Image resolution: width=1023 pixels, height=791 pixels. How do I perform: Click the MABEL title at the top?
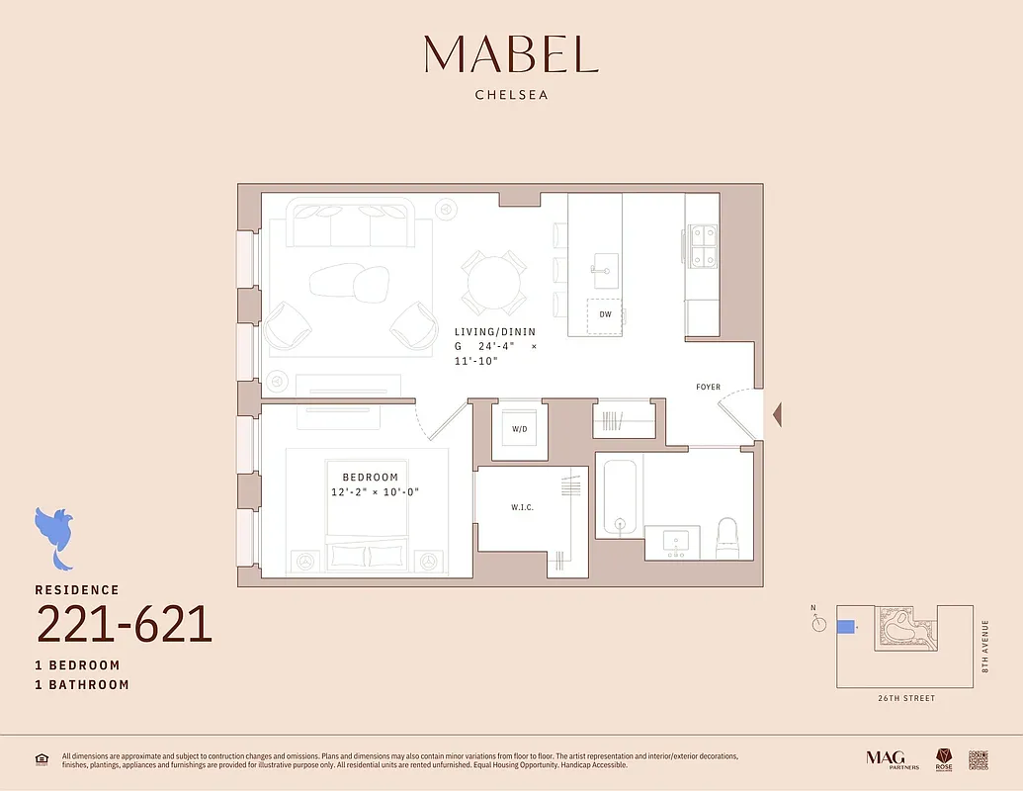[x=511, y=54]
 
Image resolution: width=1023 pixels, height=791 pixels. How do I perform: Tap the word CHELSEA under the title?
[x=511, y=96]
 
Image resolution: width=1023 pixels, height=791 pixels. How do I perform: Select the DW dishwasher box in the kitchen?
[x=605, y=314]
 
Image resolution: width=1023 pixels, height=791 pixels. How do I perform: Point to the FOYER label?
[x=708, y=387]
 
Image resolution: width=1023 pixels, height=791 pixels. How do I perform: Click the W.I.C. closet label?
[x=523, y=507]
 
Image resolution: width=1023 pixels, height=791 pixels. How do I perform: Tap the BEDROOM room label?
[x=371, y=476]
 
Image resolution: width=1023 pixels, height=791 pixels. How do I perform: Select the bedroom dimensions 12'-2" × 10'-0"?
[x=371, y=492]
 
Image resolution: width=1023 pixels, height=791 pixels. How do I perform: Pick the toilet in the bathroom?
[x=727, y=535]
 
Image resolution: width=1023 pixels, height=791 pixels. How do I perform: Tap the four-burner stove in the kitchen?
[x=703, y=246]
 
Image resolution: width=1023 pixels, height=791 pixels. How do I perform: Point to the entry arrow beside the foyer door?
[x=777, y=415]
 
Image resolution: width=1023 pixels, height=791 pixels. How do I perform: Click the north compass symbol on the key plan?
[x=817, y=624]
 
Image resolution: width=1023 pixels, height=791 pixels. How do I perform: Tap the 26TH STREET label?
[x=905, y=698]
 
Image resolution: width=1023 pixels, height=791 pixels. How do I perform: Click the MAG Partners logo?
[x=892, y=758]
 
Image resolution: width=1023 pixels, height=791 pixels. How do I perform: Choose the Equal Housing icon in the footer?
[x=42, y=759]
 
